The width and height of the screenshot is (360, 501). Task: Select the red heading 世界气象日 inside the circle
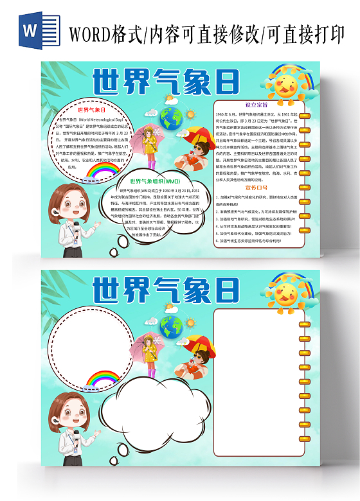92,110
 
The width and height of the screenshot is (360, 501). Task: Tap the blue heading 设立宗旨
256,103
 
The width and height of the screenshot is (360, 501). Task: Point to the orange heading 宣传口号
256,188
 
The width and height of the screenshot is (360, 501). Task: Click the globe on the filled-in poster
172,118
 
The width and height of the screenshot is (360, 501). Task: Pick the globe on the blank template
172,326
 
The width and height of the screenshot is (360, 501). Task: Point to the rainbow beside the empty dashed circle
103,379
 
